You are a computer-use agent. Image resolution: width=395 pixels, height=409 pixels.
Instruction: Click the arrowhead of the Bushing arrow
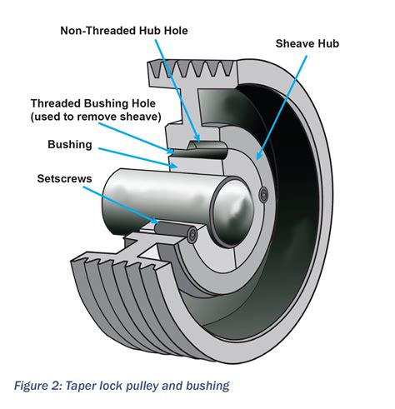pyautogui.click(x=177, y=167)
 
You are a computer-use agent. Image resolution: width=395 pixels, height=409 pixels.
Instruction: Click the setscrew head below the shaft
pyautogui.click(x=192, y=236)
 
